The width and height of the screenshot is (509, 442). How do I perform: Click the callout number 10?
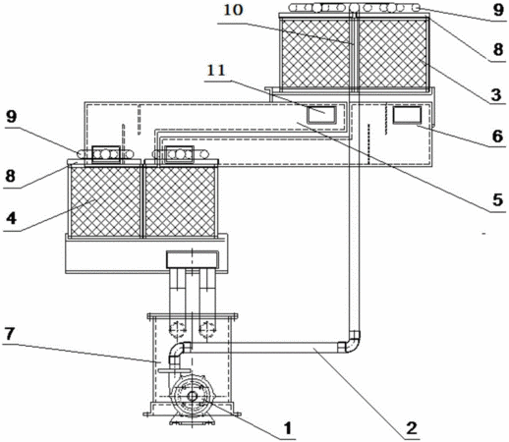pyautogui.click(x=233, y=10)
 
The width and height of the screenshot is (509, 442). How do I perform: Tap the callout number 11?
pyautogui.click(x=216, y=71)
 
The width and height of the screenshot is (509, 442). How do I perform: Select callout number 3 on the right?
pyautogui.click(x=496, y=94)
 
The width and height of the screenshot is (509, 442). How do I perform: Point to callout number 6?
pyautogui.click(x=497, y=136)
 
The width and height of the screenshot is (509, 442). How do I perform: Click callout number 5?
pyautogui.click(x=497, y=199)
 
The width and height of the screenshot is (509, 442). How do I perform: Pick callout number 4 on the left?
pyautogui.click(x=11, y=218)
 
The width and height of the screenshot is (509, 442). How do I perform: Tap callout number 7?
pyautogui.click(x=9, y=334)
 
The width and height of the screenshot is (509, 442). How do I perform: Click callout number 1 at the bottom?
pyautogui.click(x=287, y=428)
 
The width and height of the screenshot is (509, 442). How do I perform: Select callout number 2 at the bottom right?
pyautogui.click(x=412, y=427)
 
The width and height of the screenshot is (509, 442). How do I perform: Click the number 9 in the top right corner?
pyautogui.click(x=498, y=10)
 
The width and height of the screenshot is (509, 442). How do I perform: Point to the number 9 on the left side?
pyautogui.click(x=12, y=116)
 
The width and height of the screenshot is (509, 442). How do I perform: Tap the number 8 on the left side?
pyautogui.click(x=10, y=176)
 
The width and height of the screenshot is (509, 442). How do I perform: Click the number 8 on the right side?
pyautogui.click(x=498, y=50)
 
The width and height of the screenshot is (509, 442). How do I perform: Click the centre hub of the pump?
pyautogui.click(x=192, y=397)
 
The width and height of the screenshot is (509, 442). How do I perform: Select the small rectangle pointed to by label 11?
pyautogui.click(x=321, y=115)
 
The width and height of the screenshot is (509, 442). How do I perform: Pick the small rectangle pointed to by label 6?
pyautogui.click(x=407, y=115)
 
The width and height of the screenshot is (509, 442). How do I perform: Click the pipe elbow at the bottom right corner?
pyautogui.click(x=351, y=343)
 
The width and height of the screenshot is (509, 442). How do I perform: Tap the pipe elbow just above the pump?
pyautogui.click(x=178, y=351)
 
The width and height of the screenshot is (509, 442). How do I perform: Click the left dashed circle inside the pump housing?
pyautogui.click(x=177, y=329)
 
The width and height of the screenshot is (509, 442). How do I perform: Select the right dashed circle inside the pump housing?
pyautogui.click(x=207, y=329)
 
